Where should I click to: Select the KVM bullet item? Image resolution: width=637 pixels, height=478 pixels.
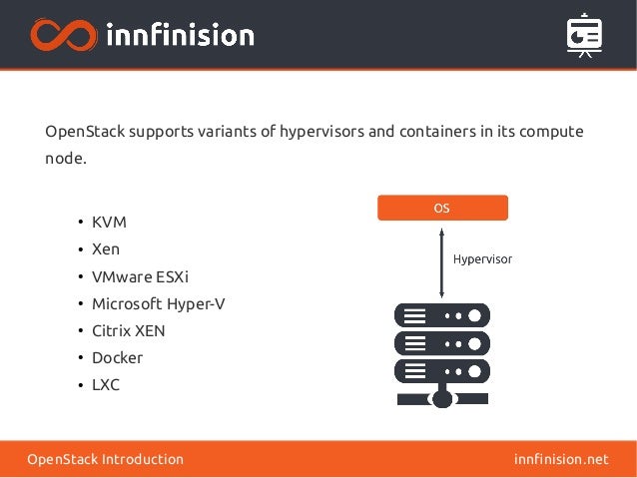pos(109,222)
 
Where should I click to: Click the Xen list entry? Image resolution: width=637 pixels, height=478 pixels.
pos(106,248)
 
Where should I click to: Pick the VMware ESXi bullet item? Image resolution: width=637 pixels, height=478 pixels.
pos(140,276)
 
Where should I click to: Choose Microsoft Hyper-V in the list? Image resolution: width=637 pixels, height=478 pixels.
pos(158,303)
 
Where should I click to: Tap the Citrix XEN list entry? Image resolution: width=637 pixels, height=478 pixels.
pos(128,330)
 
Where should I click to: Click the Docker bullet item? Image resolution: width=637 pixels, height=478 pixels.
pos(117,357)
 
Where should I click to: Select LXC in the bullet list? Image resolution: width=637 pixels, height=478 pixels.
pos(106,384)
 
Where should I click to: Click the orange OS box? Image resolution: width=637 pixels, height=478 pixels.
pos(441,208)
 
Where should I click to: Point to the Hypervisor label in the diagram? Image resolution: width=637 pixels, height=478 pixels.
pos(482,258)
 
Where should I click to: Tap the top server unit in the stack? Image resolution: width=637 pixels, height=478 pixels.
pos(441,315)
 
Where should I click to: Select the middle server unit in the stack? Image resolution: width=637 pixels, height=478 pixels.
pos(441,343)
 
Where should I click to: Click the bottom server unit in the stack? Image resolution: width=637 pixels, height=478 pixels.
pos(441,371)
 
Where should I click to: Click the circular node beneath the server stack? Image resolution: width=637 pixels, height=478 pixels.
pos(441,398)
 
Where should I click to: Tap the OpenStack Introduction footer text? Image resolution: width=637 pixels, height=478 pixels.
pos(105,459)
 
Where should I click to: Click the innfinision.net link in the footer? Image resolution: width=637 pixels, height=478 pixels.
pos(560,459)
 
